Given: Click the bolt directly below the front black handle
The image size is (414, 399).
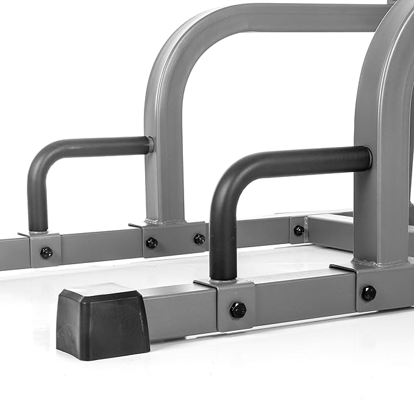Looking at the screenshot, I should coord(238,310).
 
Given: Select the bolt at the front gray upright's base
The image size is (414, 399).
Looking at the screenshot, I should coord(368,293).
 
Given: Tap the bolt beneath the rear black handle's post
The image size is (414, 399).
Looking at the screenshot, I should coord(46,253).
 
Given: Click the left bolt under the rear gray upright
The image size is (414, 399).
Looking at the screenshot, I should coord(152,243).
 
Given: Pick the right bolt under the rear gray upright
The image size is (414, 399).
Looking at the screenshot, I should coord(199,239).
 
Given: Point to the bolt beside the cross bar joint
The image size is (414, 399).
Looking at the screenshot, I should coord(299,230).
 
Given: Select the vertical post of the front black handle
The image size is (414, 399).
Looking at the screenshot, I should coord(223,244).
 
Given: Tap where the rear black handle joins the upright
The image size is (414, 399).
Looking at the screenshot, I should coord(149,145).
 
